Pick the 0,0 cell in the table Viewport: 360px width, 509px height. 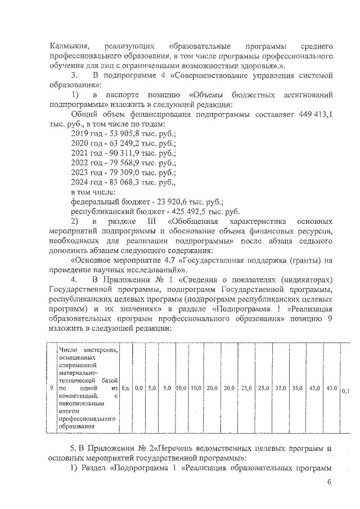tap(139, 388)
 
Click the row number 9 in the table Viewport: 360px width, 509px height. tap(51, 388)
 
